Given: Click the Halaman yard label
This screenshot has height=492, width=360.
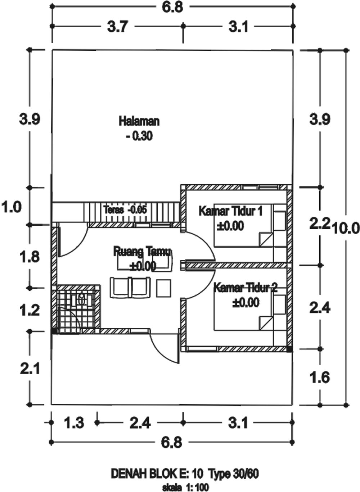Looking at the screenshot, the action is tap(139, 121).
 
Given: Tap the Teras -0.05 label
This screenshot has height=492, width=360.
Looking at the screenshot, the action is tap(125, 210).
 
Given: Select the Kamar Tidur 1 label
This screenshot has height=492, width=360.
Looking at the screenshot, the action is tap(230, 211).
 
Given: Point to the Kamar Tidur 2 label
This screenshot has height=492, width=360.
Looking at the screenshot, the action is tap(246, 288).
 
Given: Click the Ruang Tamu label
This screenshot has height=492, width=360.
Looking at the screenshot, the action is tap(142, 252).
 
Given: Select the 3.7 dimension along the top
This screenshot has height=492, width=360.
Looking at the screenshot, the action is tap(117, 27).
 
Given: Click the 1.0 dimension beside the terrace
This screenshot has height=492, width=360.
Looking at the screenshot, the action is tap(12, 207).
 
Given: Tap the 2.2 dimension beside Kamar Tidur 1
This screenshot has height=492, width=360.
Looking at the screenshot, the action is tap(320, 225).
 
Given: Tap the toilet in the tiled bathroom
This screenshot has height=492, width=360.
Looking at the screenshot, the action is tap(82, 299).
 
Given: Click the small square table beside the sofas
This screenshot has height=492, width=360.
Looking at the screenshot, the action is tap(164, 288).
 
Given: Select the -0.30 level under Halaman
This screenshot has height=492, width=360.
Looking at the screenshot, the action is tap(139, 136).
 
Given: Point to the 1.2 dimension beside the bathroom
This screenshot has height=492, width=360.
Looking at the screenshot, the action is tap(30, 310).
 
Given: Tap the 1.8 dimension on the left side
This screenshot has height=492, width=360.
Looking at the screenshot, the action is tap(30, 257).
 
